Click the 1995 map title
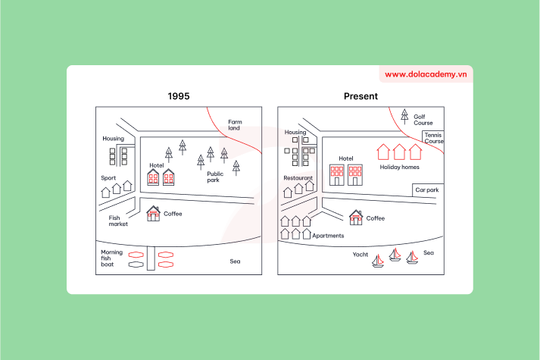(x=179, y=96)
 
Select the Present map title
(x=361, y=96)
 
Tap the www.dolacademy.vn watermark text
(x=426, y=74)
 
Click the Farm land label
(x=235, y=125)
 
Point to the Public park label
(x=215, y=177)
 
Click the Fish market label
(x=118, y=221)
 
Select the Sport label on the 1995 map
(x=108, y=178)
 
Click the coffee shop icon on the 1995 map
(x=154, y=214)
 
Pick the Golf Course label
(x=423, y=120)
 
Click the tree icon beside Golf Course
(x=404, y=117)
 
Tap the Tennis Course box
(x=434, y=138)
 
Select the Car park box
(x=426, y=190)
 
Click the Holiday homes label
(x=399, y=167)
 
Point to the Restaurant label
(x=298, y=178)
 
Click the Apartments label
(x=328, y=236)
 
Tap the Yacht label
(x=361, y=255)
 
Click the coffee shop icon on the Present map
(x=356, y=218)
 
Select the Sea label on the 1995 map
(x=235, y=261)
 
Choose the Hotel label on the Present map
(x=346, y=158)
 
